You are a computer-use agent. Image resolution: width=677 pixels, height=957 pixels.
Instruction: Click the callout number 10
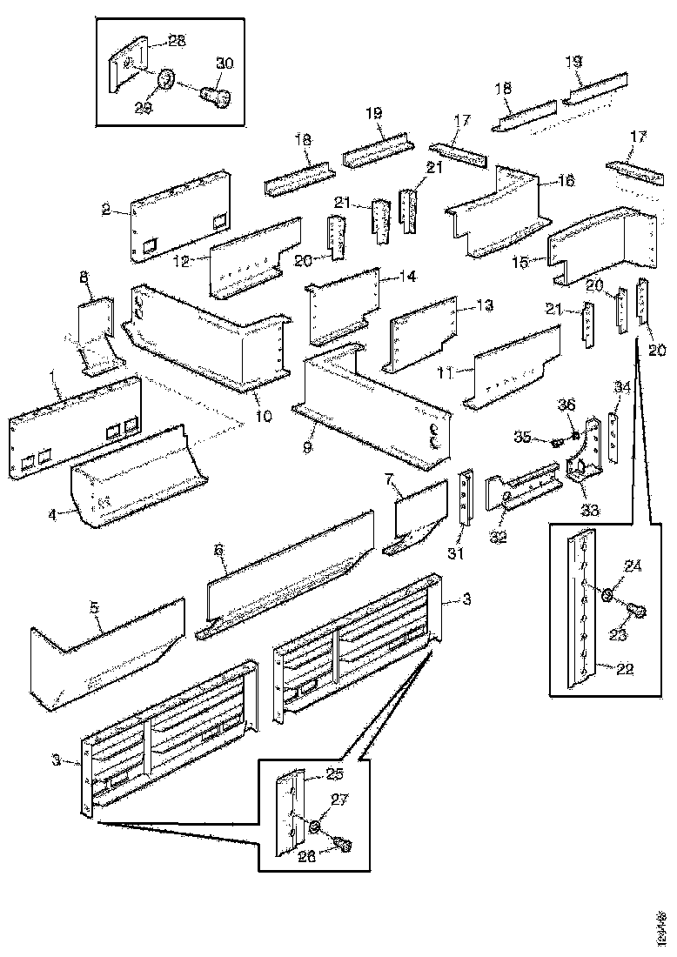click(x=263, y=416)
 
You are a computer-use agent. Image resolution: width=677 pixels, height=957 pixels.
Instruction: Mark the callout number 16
click(x=566, y=181)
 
